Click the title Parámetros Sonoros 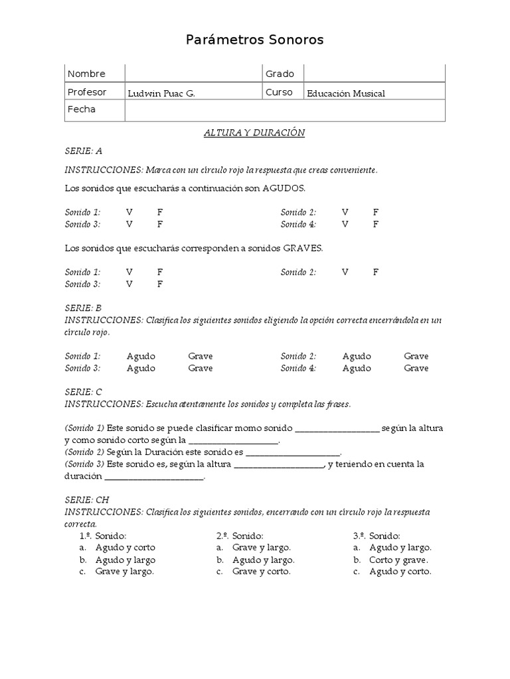[254, 40]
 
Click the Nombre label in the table [86, 74]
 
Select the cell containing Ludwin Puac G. [161, 93]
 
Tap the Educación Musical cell [345, 93]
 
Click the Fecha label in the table [82, 109]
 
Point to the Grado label [280, 74]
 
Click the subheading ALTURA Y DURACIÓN [254, 133]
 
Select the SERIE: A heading [83, 151]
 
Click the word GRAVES [303, 248]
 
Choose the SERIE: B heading [83, 308]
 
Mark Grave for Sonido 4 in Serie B [416, 368]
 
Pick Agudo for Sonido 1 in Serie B [141, 356]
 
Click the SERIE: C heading [83, 392]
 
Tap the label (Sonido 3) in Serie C [84, 464]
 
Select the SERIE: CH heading [86, 500]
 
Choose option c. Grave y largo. [124, 572]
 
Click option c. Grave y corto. [261, 572]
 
